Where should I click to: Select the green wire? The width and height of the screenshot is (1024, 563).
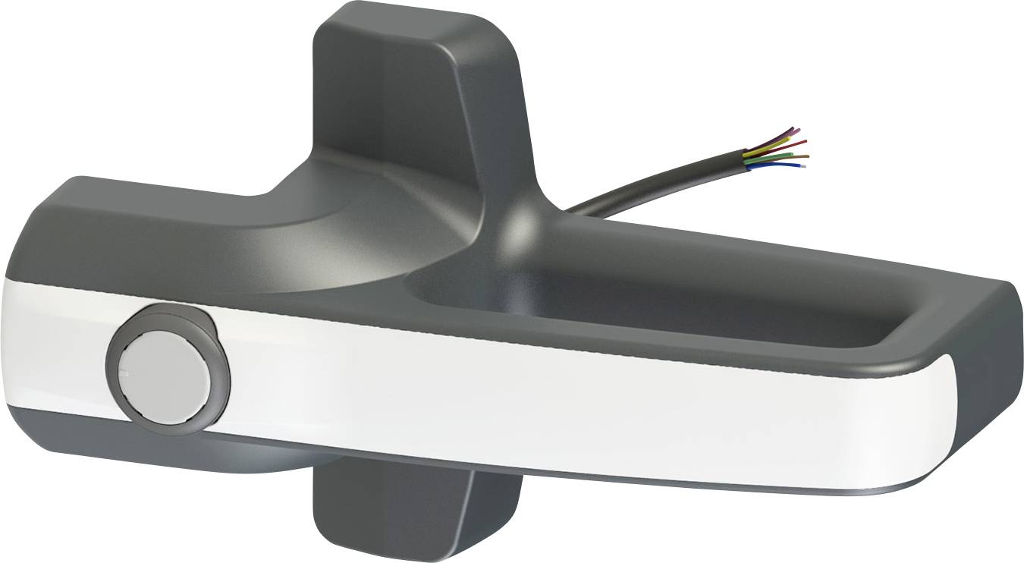[x=774, y=158]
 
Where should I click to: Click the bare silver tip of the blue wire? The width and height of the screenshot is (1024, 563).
[x=803, y=166]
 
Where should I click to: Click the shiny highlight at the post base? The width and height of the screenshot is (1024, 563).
[x=523, y=224]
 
